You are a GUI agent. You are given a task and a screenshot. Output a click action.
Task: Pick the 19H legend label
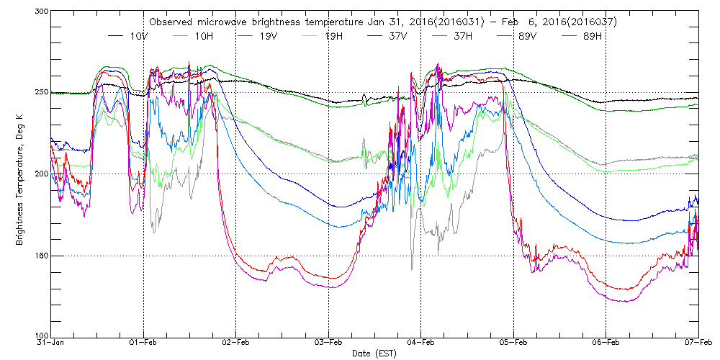point(333,35)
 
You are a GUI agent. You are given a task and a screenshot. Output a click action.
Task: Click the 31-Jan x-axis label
point(51,343)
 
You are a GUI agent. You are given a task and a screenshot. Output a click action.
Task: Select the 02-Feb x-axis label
point(236,343)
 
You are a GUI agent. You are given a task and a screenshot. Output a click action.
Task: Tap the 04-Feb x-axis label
point(421,343)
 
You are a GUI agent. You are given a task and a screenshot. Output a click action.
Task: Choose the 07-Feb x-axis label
point(697,343)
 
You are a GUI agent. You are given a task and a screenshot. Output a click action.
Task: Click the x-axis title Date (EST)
point(373,354)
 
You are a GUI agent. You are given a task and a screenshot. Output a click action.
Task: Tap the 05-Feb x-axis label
point(513,343)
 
